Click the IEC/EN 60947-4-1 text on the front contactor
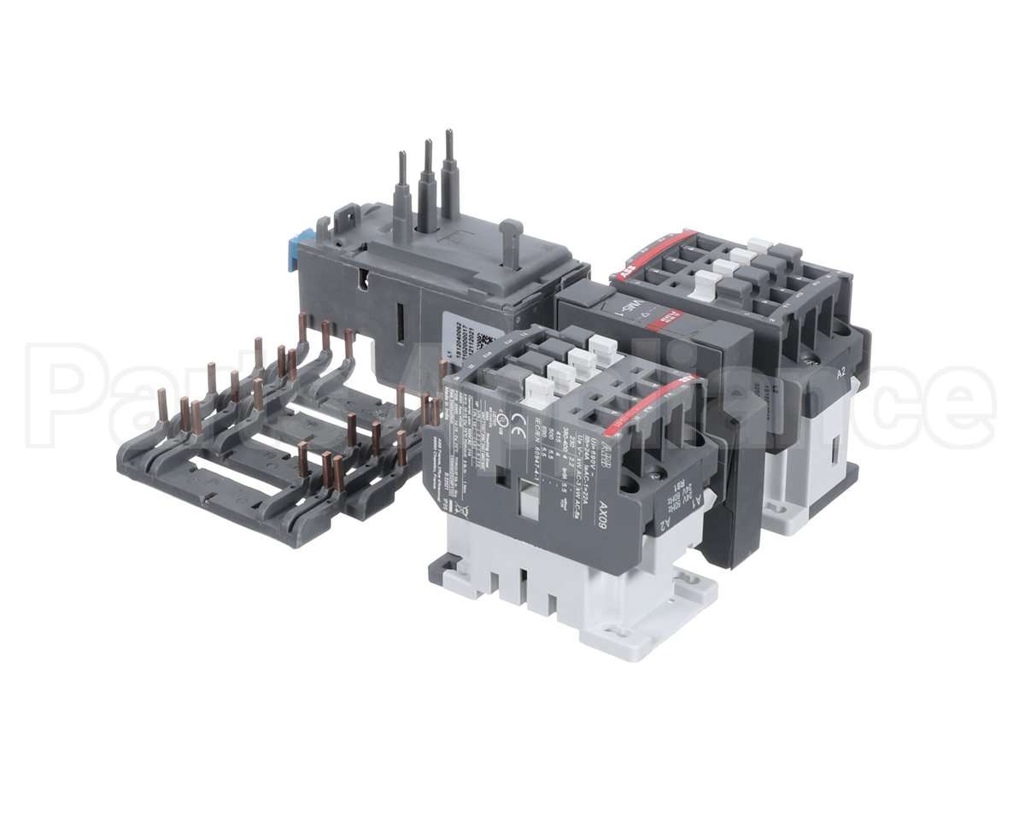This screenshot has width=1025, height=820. click(x=537, y=468)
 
